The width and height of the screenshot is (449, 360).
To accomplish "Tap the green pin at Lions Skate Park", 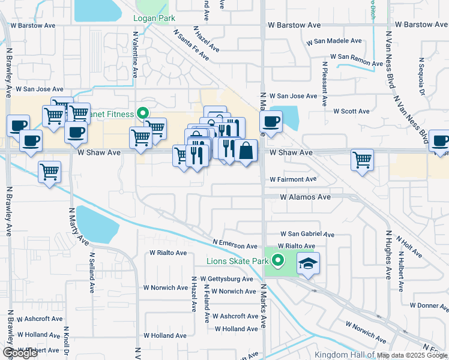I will pyautogui.click(x=277, y=260).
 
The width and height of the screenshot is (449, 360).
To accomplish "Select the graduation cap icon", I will pyautogui.click(x=308, y=264).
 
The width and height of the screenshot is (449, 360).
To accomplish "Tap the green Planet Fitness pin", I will pyautogui.click(x=143, y=112).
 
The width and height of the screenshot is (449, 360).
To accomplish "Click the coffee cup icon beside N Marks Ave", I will pyautogui.click(x=270, y=122).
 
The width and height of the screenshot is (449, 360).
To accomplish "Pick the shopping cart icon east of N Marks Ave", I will pyautogui.click(x=362, y=160).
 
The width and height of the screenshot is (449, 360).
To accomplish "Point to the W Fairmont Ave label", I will pyautogui.click(x=292, y=179).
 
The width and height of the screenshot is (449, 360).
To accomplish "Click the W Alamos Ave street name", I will pyautogui.click(x=305, y=197).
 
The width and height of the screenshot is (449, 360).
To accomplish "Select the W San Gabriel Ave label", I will pyautogui.click(x=307, y=235).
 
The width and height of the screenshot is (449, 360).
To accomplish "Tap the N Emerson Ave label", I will pyautogui.click(x=235, y=246).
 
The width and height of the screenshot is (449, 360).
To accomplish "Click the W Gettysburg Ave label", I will pyautogui.click(x=226, y=279).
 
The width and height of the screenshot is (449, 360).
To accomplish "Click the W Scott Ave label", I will pyautogui.click(x=351, y=112).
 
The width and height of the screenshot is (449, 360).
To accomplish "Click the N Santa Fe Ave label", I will pyautogui.click(x=191, y=45).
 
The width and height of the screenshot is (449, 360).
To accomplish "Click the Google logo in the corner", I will pyautogui.click(x=19, y=353).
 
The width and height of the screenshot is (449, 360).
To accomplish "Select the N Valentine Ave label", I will pyautogui.click(x=135, y=60).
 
